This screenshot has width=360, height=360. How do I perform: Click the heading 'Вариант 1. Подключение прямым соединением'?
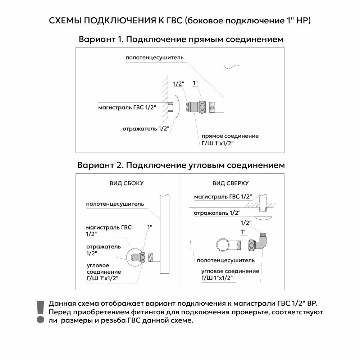tap(181, 40)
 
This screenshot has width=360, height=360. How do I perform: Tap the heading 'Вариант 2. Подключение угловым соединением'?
tap(181, 165)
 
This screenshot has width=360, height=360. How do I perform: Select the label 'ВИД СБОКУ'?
tap(127, 183)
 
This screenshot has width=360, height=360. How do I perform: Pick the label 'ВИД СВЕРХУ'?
tap(231, 183)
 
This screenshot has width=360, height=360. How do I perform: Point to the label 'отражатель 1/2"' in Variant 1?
tap(146, 128)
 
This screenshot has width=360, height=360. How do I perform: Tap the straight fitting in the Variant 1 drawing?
tap(196, 107)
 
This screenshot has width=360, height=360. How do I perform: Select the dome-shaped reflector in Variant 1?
tap(178, 107)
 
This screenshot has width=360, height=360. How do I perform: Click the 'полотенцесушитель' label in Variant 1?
tap(155, 58)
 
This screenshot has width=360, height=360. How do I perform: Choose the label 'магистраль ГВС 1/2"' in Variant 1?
tap(127, 107)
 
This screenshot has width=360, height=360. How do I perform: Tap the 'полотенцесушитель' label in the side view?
tap(115, 204)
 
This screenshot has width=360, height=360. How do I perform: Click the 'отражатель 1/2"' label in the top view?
tap(217, 213)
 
